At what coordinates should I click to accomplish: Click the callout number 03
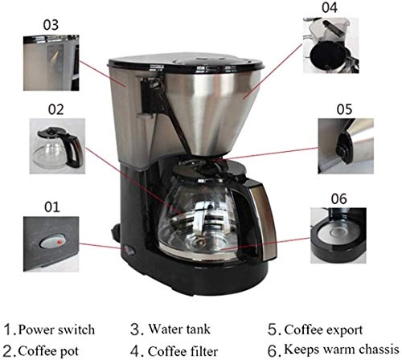[51, 24]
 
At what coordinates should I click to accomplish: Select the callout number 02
[55, 106]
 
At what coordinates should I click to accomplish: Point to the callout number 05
[344, 107]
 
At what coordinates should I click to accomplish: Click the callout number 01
[51, 207]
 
